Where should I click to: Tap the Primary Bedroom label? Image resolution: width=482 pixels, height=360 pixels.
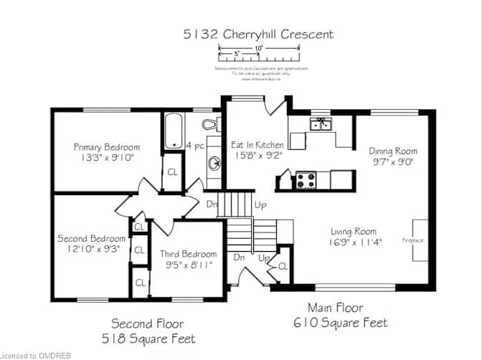click(x=107, y=147)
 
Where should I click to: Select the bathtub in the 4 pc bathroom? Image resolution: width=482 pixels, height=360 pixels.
click(x=172, y=131)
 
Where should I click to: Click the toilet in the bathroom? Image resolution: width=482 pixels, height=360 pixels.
click(x=207, y=123)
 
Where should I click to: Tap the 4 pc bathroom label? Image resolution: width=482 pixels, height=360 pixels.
click(x=194, y=146)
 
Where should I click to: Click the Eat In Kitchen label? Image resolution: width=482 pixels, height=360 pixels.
click(x=256, y=145)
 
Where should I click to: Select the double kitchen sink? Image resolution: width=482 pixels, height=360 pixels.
click(x=320, y=125)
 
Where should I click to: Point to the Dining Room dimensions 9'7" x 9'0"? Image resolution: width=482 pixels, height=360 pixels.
click(x=393, y=161)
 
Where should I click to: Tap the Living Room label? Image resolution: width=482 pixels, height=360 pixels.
click(x=354, y=232)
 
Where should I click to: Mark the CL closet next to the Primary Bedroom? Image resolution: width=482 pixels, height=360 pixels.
click(x=173, y=172)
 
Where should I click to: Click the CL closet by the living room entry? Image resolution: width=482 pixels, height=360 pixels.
click(x=283, y=265)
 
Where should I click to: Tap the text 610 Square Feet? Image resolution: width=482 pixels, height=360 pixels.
click(x=341, y=323)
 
